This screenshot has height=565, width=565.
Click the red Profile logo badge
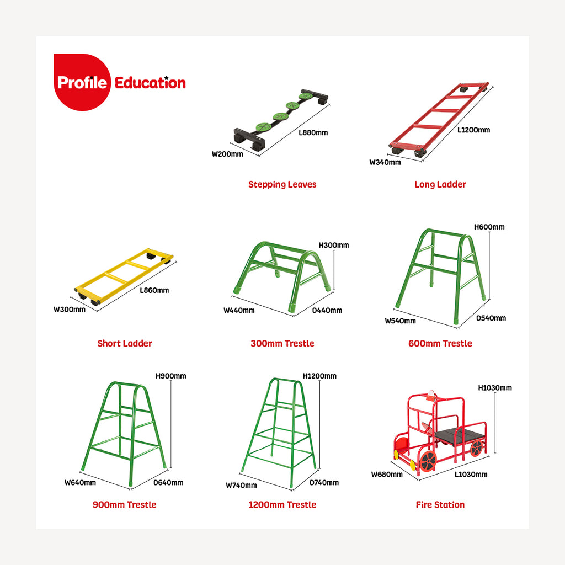pos(82,82)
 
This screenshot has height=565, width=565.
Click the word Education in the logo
pos(150,83)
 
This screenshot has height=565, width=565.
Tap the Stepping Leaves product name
pos(282,184)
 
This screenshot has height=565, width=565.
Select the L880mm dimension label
pos(313,132)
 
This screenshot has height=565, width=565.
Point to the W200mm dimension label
pos(227,154)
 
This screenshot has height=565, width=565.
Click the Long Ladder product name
pos(440,184)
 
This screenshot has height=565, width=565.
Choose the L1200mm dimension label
pos(473,130)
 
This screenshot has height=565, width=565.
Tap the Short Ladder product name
pos(125,343)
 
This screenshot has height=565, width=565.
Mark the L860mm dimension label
pos(154,290)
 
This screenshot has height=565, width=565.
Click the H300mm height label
pos(334,246)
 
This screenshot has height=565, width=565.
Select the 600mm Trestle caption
pos(440,343)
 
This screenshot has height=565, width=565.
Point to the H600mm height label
pos(489,227)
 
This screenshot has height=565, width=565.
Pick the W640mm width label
pos(81,482)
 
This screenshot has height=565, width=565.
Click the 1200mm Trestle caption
pos(282,505)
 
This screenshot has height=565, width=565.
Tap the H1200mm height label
pos(319,376)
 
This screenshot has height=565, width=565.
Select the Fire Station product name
pos(440,505)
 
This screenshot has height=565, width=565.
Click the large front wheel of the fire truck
pos(428,461)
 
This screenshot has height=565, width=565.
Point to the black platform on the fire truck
pos(459,435)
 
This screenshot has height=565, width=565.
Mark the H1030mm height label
pos(495,388)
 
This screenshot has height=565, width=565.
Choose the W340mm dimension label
pos(385,163)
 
